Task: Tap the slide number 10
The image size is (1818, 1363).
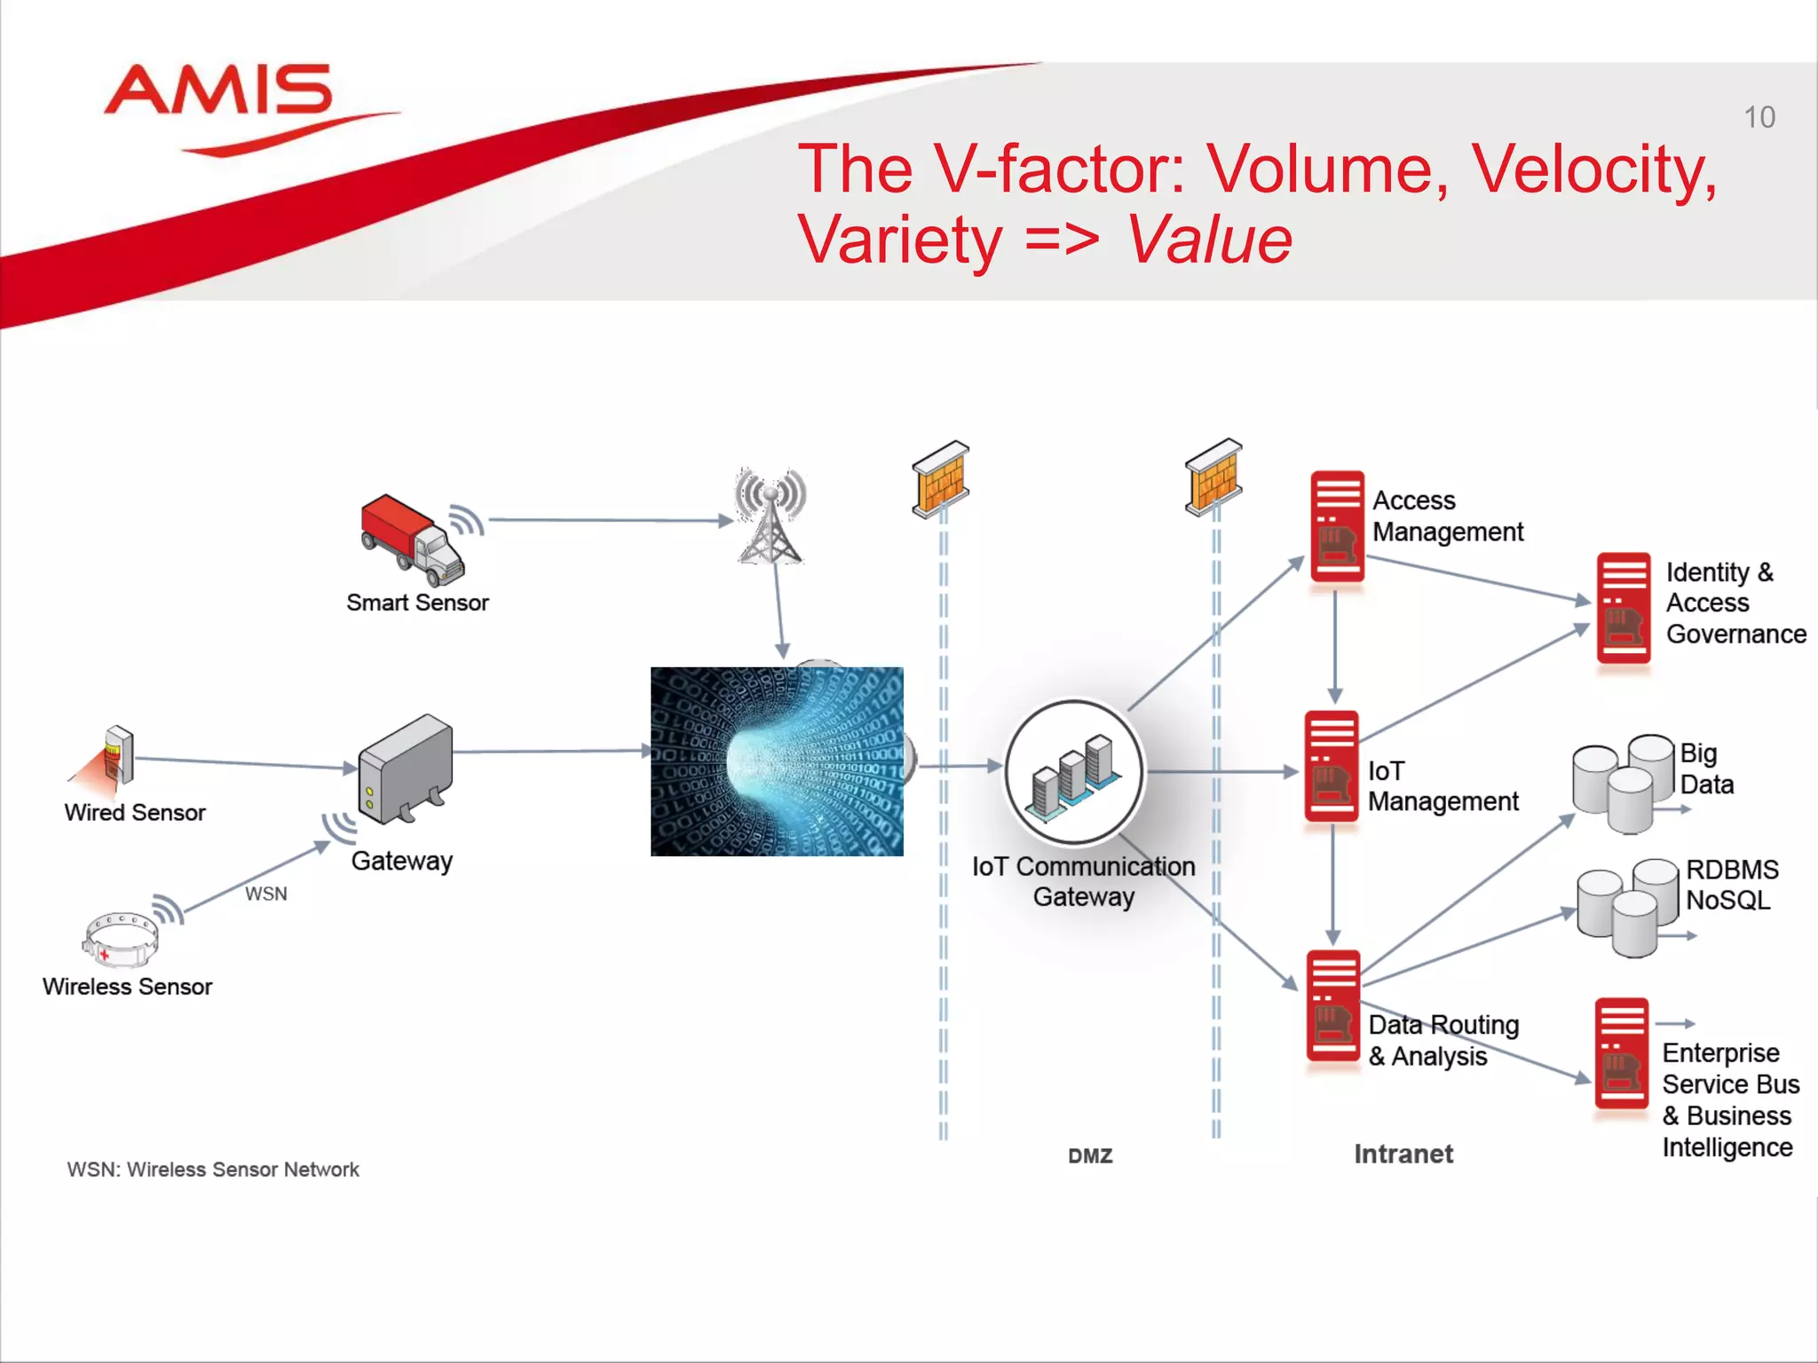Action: [x=1759, y=118]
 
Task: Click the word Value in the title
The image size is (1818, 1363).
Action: [x=1209, y=240]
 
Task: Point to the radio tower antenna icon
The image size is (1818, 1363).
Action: [x=770, y=516]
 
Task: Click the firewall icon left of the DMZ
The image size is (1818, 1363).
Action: [x=941, y=477]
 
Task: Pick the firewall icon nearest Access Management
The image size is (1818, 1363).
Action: [x=1213, y=477]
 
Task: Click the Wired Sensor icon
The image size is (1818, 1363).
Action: [x=115, y=757]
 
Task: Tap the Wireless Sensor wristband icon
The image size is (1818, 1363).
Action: [x=122, y=939]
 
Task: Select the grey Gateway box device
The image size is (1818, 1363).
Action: [x=406, y=768]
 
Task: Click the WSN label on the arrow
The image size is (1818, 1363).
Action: [x=265, y=894]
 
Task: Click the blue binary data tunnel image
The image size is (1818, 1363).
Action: [x=777, y=761]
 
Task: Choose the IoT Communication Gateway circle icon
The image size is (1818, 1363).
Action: [x=1074, y=770]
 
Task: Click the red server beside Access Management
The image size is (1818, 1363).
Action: [x=1337, y=526]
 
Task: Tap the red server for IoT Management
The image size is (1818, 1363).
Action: [x=1331, y=766]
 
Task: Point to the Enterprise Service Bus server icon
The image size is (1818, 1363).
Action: [x=1621, y=1053]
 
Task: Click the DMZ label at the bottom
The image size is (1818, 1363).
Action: [x=1090, y=1156]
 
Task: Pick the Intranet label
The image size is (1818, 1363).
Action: [x=1403, y=1154]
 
